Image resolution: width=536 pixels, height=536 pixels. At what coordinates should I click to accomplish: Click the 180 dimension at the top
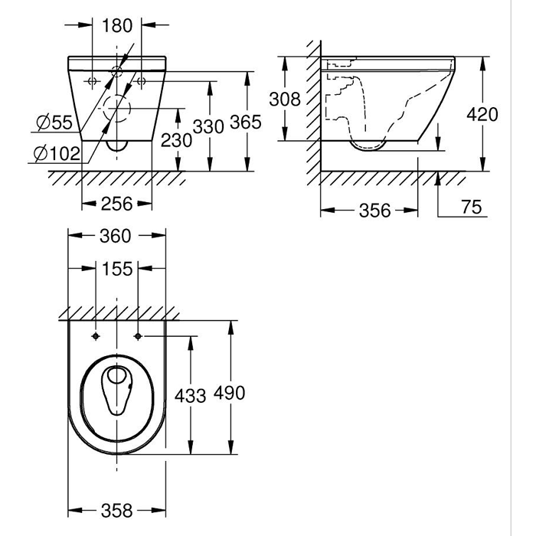(x=117, y=25)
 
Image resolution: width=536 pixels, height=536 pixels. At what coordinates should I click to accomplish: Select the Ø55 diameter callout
(x=54, y=122)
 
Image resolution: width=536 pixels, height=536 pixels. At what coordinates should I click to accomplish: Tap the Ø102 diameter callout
(x=57, y=153)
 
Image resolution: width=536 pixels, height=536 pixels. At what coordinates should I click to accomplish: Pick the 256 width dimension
(x=116, y=203)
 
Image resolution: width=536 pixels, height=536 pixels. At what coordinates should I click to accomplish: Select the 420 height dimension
(x=483, y=115)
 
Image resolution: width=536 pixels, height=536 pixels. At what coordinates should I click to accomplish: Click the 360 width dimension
(x=116, y=236)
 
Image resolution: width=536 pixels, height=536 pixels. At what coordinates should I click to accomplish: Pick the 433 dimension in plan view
(x=191, y=395)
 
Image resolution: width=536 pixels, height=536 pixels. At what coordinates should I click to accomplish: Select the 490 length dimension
(x=230, y=393)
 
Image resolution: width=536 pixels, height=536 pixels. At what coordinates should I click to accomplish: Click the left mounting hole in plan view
(x=95, y=336)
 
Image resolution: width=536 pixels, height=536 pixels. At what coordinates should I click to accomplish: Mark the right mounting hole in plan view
(x=138, y=336)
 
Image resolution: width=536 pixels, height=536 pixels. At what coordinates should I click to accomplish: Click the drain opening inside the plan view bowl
(x=117, y=377)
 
